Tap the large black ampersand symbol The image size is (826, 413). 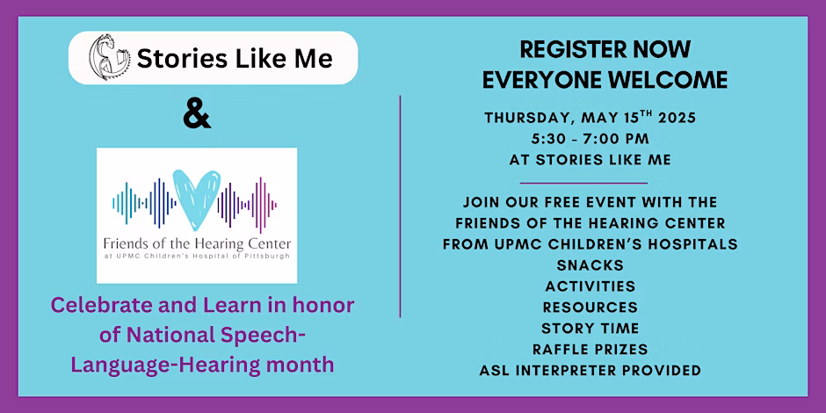click(x=197, y=116)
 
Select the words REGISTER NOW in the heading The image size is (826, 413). click(x=605, y=50)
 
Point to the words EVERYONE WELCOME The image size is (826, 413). click(x=605, y=80)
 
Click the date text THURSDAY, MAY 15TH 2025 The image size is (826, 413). click(x=590, y=118)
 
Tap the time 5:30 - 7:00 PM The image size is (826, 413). click(x=590, y=139)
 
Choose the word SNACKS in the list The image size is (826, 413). click(x=590, y=265)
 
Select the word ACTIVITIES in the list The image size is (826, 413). click(x=590, y=286)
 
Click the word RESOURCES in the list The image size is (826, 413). click(x=590, y=308)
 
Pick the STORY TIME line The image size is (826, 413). click(x=590, y=328)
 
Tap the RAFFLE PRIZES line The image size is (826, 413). click(x=590, y=349)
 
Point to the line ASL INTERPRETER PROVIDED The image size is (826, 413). click(x=590, y=370)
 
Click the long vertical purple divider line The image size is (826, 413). click(x=401, y=206)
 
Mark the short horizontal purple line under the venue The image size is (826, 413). click(x=583, y=184)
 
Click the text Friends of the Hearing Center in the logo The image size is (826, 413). click(x=197, y=244)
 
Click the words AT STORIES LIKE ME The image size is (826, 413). click(x=590, y=160)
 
